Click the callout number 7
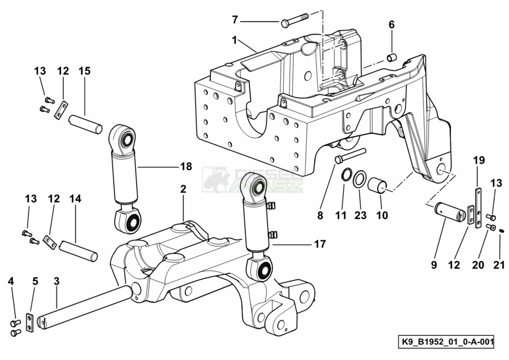[235, 20]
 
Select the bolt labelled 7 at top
[295, 23]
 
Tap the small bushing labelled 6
[391, 57]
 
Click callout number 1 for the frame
[235, 39]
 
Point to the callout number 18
[186, 167]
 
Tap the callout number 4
[11, 281]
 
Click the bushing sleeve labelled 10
[378, 186]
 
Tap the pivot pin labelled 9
[451, 213]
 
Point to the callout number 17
[320, 244]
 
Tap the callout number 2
[183, 189]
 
